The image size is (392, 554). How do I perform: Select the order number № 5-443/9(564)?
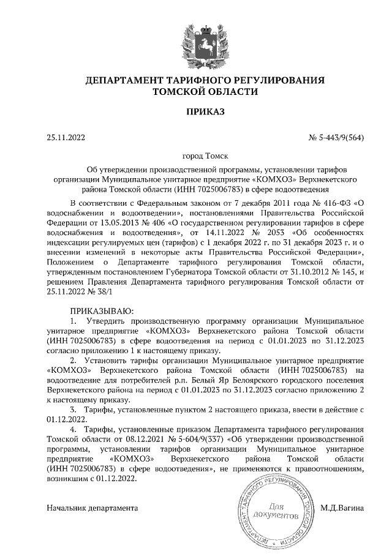point(336,138)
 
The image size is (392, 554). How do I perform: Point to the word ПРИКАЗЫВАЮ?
point(97,311)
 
